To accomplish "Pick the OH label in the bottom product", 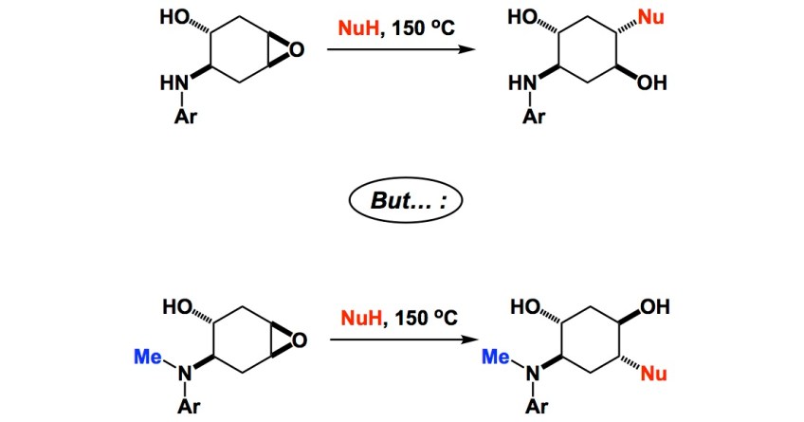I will click(x=654, y=307).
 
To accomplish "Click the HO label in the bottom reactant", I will click(x=175, y=306).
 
